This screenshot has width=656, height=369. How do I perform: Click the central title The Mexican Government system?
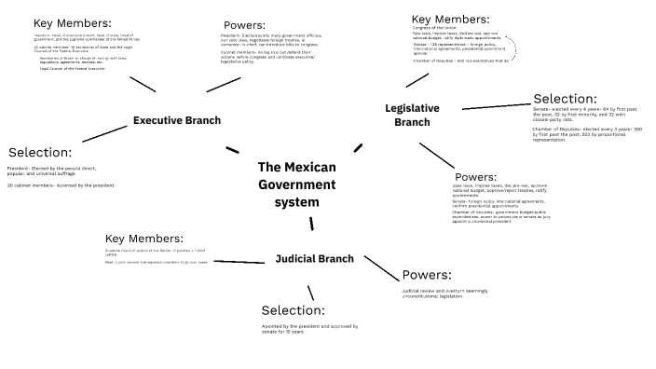[296, 184]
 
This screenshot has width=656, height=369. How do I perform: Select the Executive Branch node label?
[177, 120]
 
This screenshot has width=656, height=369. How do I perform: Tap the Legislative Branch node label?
[412, 115]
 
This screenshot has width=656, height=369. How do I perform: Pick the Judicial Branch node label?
[314, 258]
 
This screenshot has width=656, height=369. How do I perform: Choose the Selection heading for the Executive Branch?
[39, 152]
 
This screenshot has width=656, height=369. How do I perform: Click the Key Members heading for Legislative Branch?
[450, 19]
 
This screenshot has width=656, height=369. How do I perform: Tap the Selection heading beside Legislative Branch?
[564, 98]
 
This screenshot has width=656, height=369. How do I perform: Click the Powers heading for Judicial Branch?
[427, 275]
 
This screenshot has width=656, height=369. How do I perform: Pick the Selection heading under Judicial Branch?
[294, 310]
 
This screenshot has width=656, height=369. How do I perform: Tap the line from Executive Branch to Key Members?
[143, 84]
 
